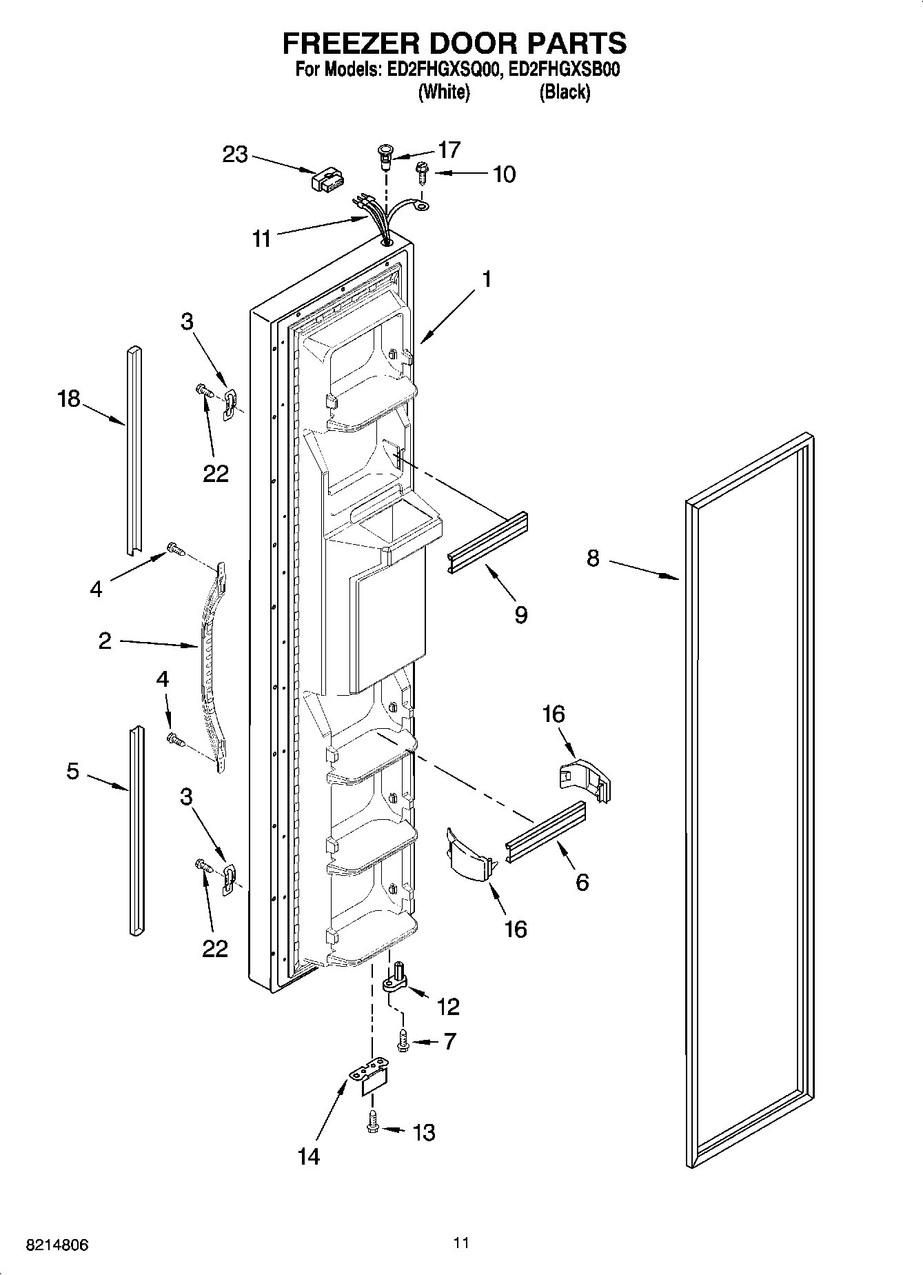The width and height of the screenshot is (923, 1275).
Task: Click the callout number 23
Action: point(235,154)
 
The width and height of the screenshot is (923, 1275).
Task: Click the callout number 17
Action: point(449,150)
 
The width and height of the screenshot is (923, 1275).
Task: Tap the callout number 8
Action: point(593,558)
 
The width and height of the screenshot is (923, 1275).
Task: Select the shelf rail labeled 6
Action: point(545,832)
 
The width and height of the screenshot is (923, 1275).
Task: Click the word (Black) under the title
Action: point(565,92)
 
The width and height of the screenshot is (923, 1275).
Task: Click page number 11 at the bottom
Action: point(461,1243)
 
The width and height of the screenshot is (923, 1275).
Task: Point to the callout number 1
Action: point(487,279)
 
